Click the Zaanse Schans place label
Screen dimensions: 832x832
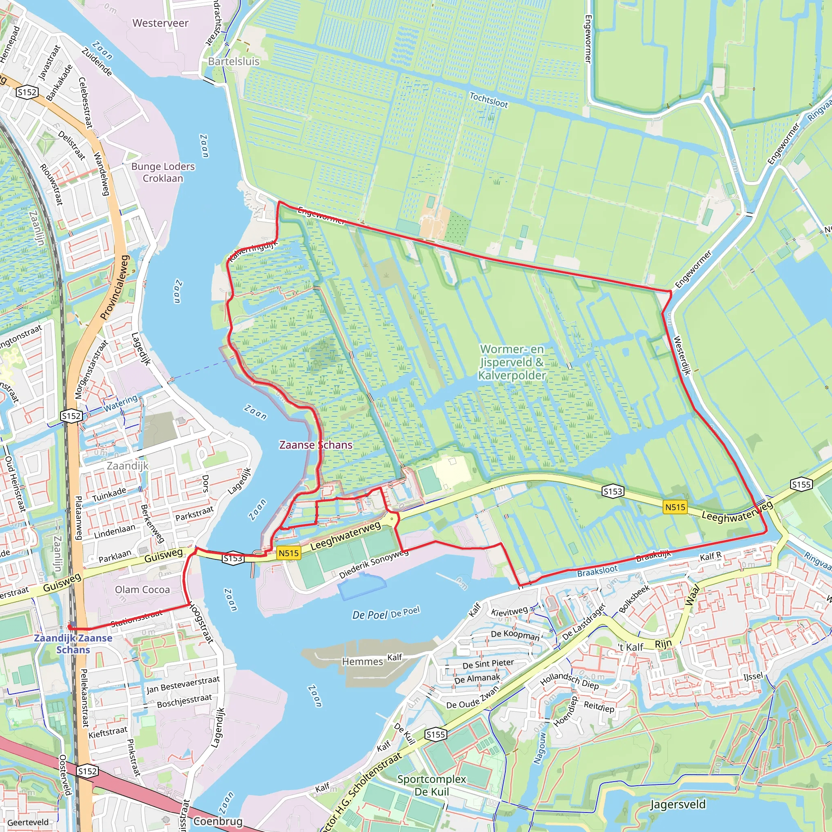tap(316, 445)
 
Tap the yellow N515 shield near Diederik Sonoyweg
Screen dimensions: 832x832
tap(288, 553)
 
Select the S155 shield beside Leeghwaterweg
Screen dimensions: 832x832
tap(801, 485)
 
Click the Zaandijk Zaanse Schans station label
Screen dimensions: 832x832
tap(73, 644)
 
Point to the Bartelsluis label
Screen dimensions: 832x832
tap(234, 62)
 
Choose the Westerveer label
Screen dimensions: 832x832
tap(160, 23)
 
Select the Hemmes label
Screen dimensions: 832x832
tap(362, 661)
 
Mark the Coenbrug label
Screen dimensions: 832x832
tap(218, 821)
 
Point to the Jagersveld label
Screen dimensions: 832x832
tap(678, 804)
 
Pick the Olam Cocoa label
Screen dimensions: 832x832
tap(142, 589)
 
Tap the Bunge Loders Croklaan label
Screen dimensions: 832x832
tap(163, 172)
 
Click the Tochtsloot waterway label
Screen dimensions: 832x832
tap(488, 100)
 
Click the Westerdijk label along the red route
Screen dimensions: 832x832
tap(682, 355)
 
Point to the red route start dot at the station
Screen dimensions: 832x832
tap(70, 627)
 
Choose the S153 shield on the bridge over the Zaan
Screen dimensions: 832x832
tap(233, 558)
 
